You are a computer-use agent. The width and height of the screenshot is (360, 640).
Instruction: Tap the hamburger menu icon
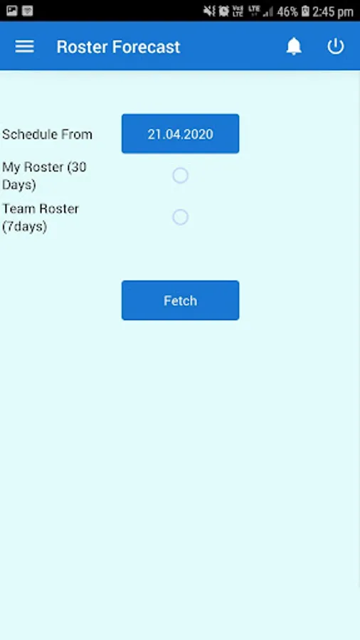24,47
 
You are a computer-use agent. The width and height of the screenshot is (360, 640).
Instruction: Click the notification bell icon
294,46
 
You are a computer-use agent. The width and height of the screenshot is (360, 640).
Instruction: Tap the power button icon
336,46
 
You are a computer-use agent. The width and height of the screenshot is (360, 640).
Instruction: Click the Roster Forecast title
118,47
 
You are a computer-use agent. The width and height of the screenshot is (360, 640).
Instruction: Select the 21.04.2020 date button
181,134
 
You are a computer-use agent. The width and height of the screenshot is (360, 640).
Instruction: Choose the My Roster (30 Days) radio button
180,176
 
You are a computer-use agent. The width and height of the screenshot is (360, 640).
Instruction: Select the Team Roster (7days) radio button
180,217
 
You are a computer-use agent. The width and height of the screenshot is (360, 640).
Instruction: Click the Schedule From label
48,134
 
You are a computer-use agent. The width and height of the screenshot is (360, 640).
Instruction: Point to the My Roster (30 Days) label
44,176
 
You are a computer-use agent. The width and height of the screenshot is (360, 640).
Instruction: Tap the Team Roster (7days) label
41,218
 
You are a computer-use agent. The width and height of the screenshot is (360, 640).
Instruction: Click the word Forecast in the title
146,47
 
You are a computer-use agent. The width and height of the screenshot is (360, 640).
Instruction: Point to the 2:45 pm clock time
333,12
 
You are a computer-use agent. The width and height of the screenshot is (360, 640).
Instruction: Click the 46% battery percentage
287,11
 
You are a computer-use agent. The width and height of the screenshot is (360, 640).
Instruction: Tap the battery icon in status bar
305,11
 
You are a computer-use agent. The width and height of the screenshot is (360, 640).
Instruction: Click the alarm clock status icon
223,11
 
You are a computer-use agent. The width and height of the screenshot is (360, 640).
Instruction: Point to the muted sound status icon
209,11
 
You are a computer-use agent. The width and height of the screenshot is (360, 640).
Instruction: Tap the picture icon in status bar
12,11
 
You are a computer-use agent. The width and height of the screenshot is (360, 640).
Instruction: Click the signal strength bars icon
268,12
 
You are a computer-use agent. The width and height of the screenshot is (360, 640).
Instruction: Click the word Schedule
28,134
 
